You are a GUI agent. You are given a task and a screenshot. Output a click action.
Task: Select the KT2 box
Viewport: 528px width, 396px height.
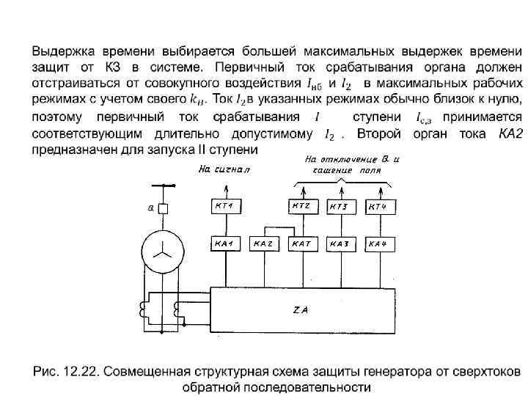point(301,207)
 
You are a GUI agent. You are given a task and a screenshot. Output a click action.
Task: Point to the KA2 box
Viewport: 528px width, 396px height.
point(263,243)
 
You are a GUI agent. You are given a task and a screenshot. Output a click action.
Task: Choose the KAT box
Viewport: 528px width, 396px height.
point(301,243)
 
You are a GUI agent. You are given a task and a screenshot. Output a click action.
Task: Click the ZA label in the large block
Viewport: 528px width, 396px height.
point(301,310)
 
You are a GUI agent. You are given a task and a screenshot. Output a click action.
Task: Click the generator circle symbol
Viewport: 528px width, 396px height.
point(161,250)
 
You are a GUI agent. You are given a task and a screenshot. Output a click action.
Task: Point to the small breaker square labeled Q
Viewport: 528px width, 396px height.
point(163,209)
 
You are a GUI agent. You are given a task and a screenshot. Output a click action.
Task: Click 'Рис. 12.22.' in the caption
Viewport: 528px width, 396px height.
point(64,370)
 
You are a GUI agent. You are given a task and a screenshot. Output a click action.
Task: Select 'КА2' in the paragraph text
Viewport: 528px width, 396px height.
point(509,135)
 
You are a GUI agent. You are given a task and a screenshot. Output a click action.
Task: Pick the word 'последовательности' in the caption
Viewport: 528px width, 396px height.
point(318,386)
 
